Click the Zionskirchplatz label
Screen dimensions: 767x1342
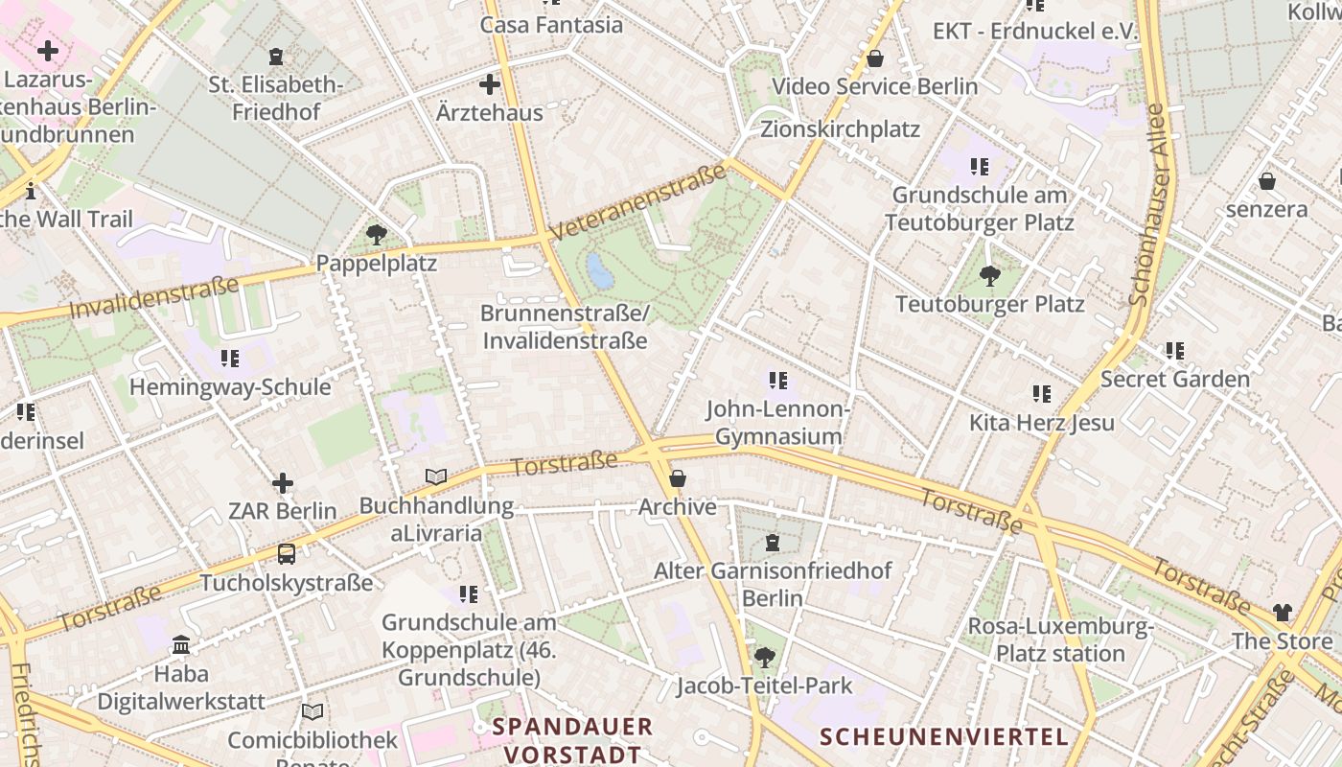click(x=840, y=129)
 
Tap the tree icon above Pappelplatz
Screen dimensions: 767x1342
click(x=377, y=234)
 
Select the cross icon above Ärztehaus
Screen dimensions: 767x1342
click(x=490, y=84)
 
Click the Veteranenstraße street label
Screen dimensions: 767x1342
click(x=638, y=202)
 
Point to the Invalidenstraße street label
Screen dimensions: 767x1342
click(x=153, y=297)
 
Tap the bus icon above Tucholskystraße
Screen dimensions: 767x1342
click(x=286, y=553)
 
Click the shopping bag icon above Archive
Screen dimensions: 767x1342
click(x=678, y=477)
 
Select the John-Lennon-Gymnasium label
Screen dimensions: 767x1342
click(x=778, y=423)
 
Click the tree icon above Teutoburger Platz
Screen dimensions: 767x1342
click(x=990, y=276)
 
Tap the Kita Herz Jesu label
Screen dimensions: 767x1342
click(x=1042, y=423)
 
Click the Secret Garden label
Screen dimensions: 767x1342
click(x=1175, y=379)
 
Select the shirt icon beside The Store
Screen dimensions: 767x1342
click(x=1283, y=613)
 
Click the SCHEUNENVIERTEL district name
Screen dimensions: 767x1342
click(x=944, y=736)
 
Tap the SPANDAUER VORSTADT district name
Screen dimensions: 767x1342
click(x=572, y=740)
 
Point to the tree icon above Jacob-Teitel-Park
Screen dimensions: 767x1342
click(x=764, y=657)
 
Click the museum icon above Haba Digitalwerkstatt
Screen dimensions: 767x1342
click(x=181, y=645)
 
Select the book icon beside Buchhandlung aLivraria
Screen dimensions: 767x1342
click(x=436, y=476)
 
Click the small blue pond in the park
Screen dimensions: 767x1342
click(x=600, y=271)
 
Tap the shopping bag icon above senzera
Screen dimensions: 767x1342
click(x=1267, y=180)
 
